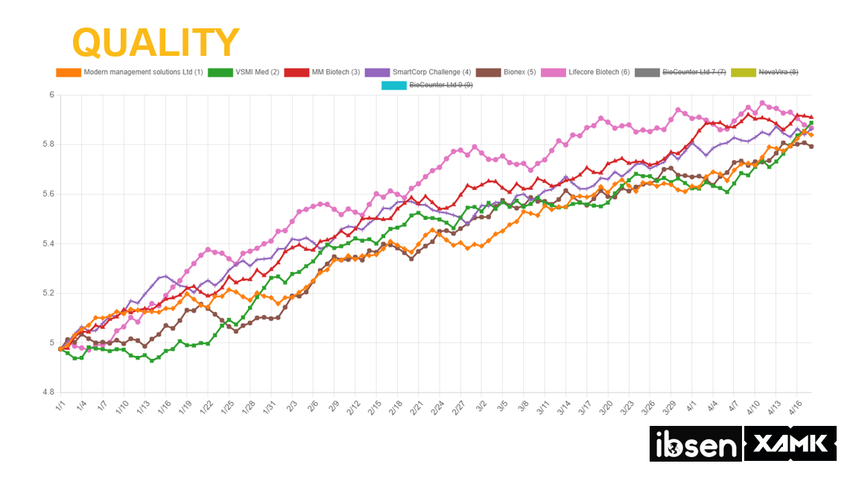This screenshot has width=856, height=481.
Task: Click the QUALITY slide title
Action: (x=156, y=42)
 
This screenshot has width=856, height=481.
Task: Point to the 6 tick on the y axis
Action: (x=52, y=95)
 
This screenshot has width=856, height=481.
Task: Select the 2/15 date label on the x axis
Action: (x=373, y=409)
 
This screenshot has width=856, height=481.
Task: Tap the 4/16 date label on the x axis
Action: (x=795, y=409)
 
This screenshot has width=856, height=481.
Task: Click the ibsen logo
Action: (x=694, y=444)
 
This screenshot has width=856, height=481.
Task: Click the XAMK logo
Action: (x=790, y=444)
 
